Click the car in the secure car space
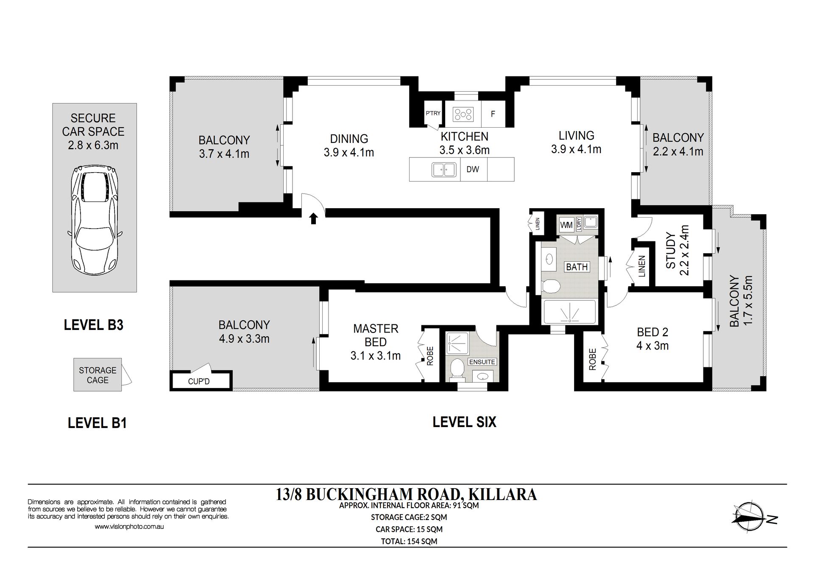pos(94,221)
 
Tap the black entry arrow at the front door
pos(313,218)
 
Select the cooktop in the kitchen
pos(463,114)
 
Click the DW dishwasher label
pos(473,170)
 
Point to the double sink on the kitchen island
pos(443,170)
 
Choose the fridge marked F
pos(493,114)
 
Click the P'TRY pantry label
pos(433,113)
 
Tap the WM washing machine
pos(566,225)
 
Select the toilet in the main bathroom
pos(551,286)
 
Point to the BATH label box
pos(577,267)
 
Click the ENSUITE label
pos(482,362)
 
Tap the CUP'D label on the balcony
pos(199,381)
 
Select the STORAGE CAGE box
pos(98,375)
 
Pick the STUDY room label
pos(671,250)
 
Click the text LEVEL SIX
pos(464,422)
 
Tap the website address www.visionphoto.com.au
pos(129,527)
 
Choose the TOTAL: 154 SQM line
pos(409,541)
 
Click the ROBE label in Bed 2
pos(593,359)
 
